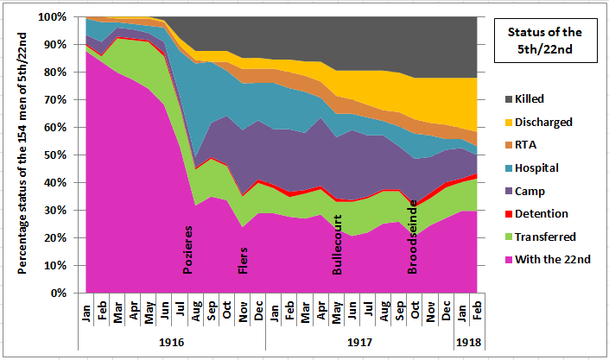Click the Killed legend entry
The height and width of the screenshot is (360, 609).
(x=529, y=99)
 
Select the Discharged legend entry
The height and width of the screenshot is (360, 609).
(x=541, y=122)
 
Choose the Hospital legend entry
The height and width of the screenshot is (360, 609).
(x=536, y=167)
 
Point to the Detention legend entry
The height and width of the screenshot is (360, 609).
(x=537, y=213)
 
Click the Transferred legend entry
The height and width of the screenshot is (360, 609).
(x=542, y=236)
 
